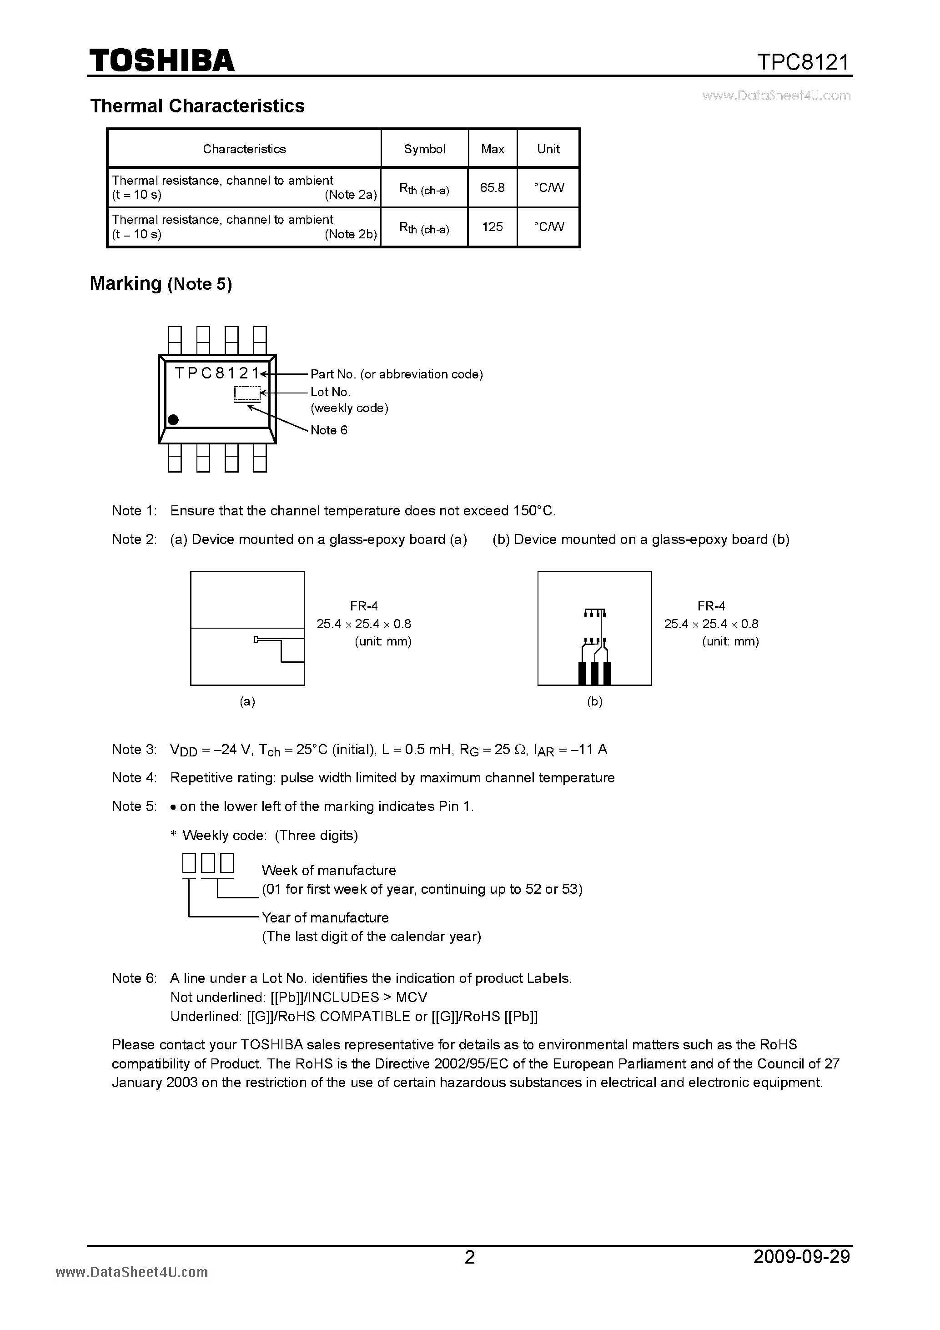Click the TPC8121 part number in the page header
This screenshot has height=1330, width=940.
tap(803, 61)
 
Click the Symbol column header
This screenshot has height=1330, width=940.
tap(425, 149)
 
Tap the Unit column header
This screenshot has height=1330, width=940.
tap(548, 149)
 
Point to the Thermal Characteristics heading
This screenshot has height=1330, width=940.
tap(197, 106)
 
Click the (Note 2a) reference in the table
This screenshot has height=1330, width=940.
tap(351, 195)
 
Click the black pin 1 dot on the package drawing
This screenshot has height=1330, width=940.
tap(173, 419)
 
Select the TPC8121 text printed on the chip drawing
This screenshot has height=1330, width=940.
tap(216, 373)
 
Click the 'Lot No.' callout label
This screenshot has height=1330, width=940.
tap(330, 392)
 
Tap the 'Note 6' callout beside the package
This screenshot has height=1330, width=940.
tap(328, 430)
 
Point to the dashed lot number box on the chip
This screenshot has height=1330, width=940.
tap(247, 393)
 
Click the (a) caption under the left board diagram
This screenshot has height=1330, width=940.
tap(247, 701)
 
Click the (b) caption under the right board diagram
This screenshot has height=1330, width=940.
tap(595, 701)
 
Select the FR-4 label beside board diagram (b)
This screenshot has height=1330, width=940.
tap(711, 606)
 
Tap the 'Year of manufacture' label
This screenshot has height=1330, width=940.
tap(325, 917)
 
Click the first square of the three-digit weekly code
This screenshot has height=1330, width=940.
tap(189, 864)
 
